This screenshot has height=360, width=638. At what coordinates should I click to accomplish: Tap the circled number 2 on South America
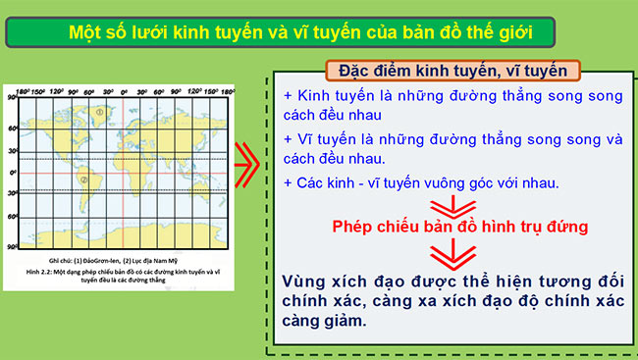[x=83, y=180]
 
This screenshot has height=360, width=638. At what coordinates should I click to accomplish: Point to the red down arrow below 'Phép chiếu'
[x=448, y=253]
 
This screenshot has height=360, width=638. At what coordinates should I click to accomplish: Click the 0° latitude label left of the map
[x=13, y=173]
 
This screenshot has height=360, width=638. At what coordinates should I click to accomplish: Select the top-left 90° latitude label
[x=12, y=99]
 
